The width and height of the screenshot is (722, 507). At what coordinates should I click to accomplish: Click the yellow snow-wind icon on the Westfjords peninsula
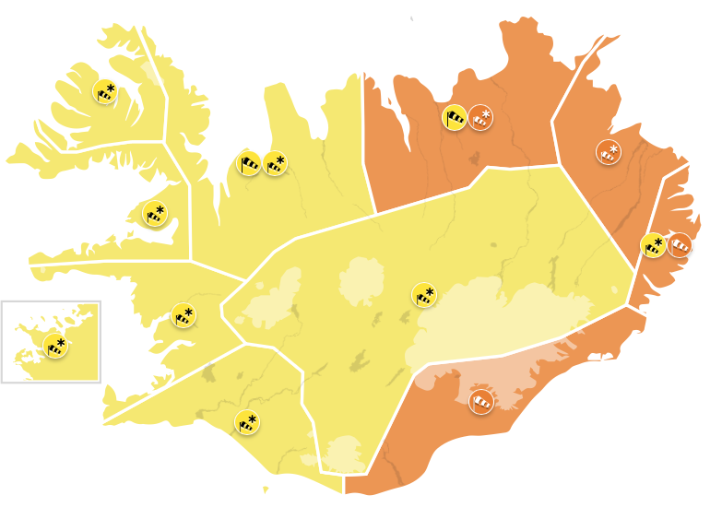[x=105, y=91]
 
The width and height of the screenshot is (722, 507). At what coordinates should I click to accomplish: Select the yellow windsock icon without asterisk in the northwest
[x=248, y=164]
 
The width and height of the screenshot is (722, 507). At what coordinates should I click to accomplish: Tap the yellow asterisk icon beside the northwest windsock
[x=275, y=163]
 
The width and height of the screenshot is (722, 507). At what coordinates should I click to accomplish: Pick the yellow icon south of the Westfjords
[x=155, y=214]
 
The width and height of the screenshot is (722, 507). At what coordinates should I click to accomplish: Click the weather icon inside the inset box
[x=55, y=346]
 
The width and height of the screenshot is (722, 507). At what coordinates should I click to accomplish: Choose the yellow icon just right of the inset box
[x=183, y=315]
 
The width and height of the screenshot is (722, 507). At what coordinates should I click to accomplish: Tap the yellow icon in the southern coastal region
[x=246, y=422]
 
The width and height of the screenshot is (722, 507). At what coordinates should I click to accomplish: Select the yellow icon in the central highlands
[x=424, y=295]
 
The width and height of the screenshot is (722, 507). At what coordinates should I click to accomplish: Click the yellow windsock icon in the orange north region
[x=455, y=117]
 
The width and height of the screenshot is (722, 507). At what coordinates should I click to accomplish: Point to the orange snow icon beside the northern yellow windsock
[x=480, y=117]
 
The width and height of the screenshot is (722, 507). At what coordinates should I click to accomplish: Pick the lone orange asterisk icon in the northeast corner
[x=609, y=151]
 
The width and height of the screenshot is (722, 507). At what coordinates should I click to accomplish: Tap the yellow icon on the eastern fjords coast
[x=653, y=245]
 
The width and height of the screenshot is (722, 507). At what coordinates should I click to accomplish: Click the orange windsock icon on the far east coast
[x=680, y=245]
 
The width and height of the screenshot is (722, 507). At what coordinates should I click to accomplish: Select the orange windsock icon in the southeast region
[x=481, y=402]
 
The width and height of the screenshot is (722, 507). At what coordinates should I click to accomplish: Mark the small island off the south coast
[x=266, y=489]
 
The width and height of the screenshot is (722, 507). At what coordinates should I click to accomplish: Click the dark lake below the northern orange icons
[x=478, y=158]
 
